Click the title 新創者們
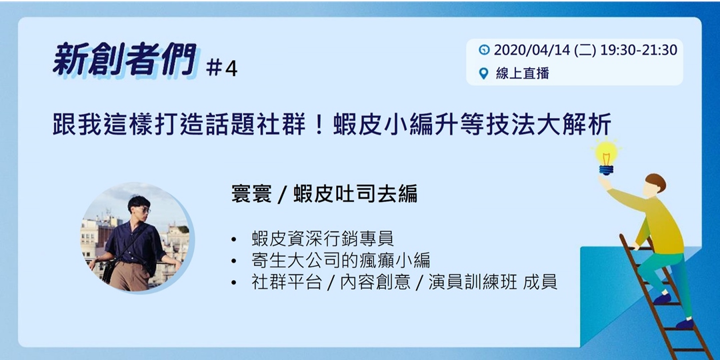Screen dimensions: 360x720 (x=125, y=60)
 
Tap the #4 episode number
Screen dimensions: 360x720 (x=222, y=69)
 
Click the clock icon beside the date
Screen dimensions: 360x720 (x=485, y=50)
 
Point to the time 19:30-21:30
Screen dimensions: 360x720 (x=638, y=50)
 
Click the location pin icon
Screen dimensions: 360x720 (x=485, y=73)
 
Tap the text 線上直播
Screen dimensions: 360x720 (x=522, y=73)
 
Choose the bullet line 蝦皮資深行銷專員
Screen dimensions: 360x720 (x=323, y=238)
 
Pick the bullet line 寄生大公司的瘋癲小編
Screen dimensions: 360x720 (x=341, y=260)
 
